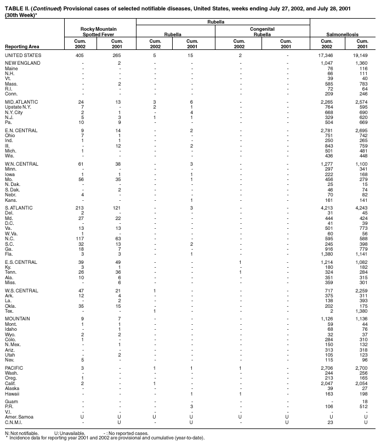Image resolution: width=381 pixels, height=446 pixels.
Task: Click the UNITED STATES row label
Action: (x=22, y=55)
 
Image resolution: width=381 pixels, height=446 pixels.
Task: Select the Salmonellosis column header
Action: (x=344, y=34)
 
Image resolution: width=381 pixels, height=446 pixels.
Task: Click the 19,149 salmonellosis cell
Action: (x=362, y=55)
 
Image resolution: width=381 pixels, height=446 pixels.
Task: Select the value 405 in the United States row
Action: (x=79, y=55)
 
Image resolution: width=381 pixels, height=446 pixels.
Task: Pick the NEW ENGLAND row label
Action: (x=22, y=64)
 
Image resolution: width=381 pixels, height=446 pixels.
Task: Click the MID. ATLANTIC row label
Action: (x=21, y=101)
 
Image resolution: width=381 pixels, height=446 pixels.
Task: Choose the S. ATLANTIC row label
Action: (x=19, y=208)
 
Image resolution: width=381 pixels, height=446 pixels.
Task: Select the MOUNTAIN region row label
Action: (x=18, y=318)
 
